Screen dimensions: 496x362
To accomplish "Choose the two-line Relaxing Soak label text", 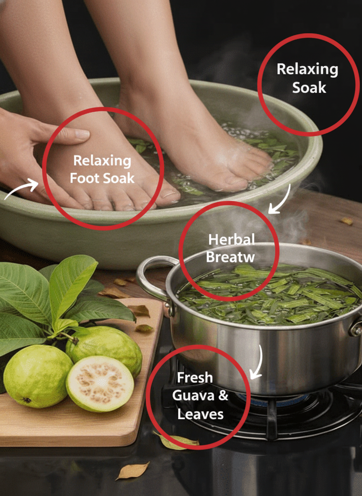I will [308, 78].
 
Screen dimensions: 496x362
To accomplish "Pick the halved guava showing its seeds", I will [100, 383].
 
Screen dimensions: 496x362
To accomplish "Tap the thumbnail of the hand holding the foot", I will [82, 134].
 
